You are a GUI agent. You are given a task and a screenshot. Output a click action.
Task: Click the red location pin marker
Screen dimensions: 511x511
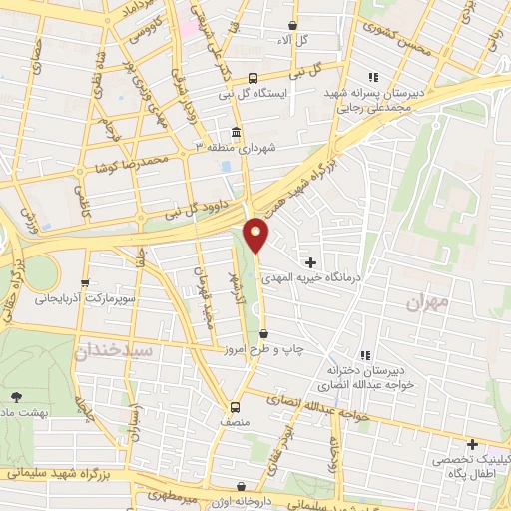point(256,235)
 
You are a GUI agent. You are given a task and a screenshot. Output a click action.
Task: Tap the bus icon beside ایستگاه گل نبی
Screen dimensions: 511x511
point(254,78)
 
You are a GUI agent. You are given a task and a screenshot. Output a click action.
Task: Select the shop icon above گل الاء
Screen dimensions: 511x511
point(291,26)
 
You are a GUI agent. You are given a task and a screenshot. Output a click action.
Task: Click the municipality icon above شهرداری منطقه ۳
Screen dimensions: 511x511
point(236,132)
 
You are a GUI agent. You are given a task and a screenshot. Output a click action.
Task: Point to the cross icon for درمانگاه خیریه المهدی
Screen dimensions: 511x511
point(311,261)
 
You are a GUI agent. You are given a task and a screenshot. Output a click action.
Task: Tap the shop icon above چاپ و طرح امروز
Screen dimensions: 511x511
point(263,334)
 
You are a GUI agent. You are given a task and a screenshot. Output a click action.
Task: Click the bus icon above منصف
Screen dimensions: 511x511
point(236,407)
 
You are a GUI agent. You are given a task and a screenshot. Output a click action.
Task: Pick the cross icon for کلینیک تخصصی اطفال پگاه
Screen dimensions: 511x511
point(472,444)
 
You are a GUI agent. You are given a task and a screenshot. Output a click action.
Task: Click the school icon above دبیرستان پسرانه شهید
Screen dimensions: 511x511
point(373,77)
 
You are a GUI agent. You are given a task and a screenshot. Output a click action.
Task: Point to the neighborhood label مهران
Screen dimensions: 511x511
point(430,299)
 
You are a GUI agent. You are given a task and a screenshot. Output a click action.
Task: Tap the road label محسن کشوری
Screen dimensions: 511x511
point(399,38)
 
